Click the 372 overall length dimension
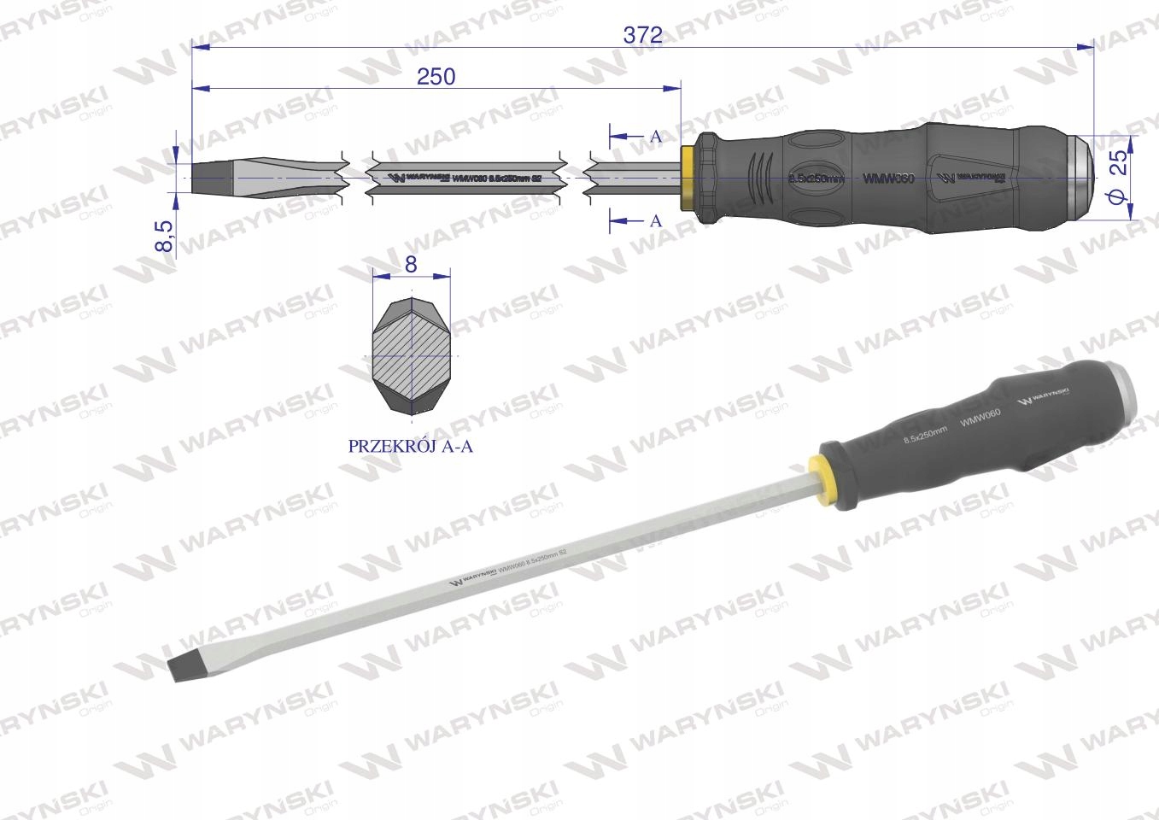point(642,35)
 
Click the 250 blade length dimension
point(436,76)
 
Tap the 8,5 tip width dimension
point(164,235)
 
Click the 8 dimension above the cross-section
point(412,265)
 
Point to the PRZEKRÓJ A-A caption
point(410,446)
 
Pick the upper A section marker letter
point(656,137)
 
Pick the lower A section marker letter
point(656,221)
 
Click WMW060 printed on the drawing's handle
point(888,179)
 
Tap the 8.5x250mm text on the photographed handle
point(925,433)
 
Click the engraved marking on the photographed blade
point(508,570)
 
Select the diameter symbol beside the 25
point(1121,197)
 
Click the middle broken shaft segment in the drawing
point(465,178)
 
